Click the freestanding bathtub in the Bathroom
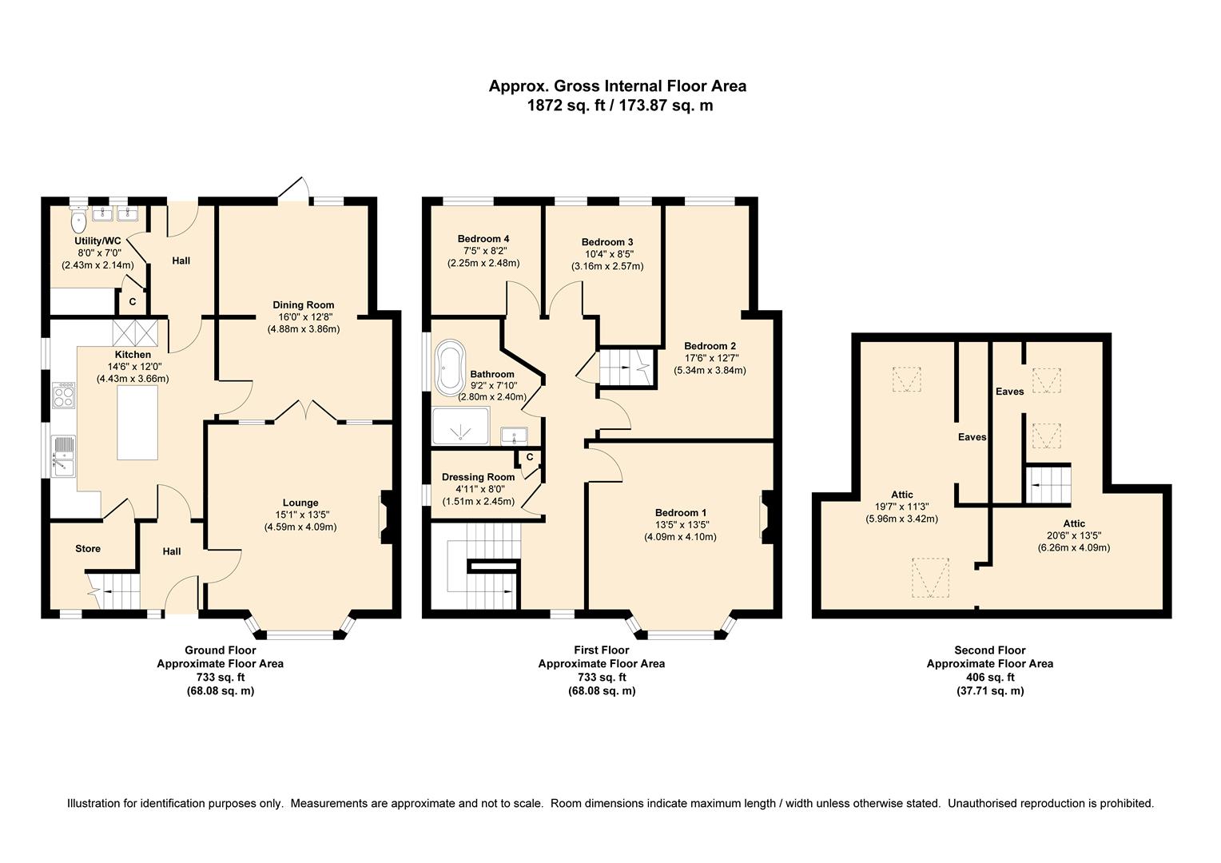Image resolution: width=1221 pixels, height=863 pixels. (450, 368)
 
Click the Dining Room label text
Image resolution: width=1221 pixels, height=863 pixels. (303, 304)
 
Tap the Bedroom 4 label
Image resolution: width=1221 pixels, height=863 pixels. (483, 238)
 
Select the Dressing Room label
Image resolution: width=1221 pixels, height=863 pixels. (478, 477)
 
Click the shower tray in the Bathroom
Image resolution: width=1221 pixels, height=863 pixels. (460, 426)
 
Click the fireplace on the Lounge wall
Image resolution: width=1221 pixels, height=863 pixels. (384, 518)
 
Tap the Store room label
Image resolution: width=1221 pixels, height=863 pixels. (88, 548)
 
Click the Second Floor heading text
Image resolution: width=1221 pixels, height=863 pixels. (989, 650)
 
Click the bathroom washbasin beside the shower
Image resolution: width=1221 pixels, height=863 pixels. (513, 435)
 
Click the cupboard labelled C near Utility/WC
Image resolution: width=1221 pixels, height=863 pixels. (132, 302)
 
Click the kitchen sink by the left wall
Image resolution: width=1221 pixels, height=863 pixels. (62, 455)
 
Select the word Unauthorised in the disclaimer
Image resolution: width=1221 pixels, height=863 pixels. (981, 803)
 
